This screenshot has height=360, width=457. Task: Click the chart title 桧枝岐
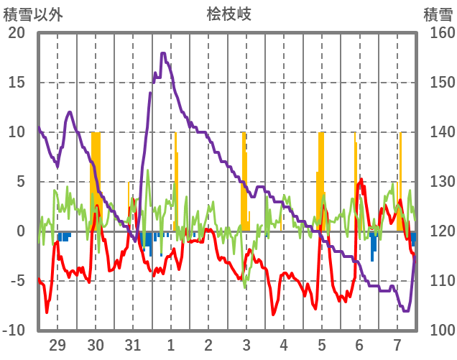[228, 14]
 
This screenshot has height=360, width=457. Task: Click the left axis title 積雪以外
[34, 14]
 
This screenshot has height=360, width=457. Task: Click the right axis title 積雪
[437, 14]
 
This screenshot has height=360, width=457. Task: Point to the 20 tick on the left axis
[17, 33]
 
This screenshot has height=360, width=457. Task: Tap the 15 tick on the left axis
[17, 83]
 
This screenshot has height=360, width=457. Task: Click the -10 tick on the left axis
[16, 331]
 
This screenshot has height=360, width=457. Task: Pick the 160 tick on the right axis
[437, 33]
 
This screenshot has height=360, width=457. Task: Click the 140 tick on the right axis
[437, 132]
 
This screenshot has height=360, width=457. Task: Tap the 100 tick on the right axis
[437, 331]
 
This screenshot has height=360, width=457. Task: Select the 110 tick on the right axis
[437, 281]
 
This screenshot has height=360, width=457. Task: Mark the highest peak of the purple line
[164, 53]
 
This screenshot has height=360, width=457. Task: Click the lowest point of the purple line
[406, 310]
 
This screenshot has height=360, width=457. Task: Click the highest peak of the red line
[361, 180]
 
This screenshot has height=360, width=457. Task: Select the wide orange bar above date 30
[96, 180]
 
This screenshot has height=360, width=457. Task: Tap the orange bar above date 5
[321, 180]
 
